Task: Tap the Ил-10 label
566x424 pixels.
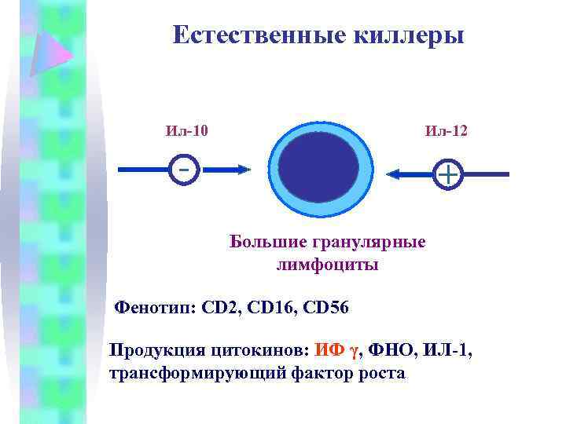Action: (x=187, y=130)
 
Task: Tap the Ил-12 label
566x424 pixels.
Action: (x=446, y=130)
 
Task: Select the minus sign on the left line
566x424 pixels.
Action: (x=183, y=168)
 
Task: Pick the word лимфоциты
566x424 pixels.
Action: (x=327, y=265)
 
